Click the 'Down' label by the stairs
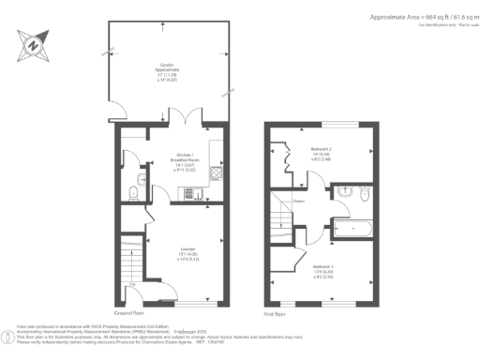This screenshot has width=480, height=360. [x=298, y=200]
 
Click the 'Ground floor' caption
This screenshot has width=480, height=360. [x=128, y=311]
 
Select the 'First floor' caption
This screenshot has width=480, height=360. [x=276, y=311]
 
